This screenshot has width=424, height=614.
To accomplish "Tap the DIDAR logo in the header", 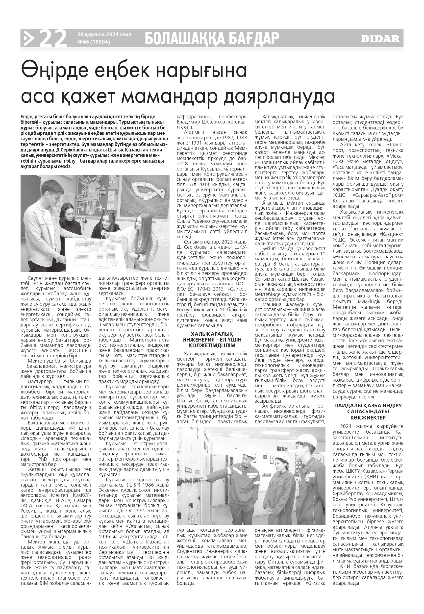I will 380,39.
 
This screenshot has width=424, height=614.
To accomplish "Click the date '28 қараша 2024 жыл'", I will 104,35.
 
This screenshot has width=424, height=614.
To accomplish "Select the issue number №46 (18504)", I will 94,42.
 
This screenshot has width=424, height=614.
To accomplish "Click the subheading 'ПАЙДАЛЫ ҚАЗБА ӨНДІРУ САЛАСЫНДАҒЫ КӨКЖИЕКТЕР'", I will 368,412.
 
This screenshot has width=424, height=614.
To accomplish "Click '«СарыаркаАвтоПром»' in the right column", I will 377,195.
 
